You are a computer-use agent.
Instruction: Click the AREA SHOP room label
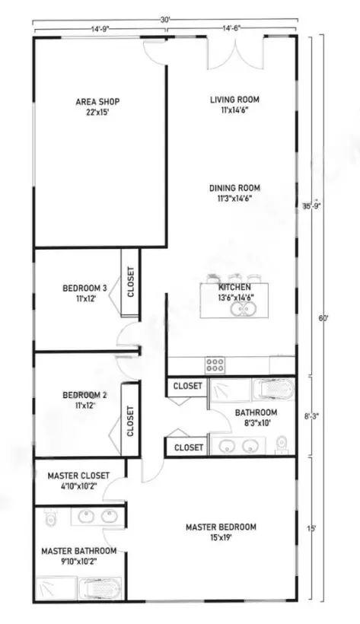click(x=97, y=107)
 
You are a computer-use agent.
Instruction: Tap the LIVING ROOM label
click(x=235, y=103)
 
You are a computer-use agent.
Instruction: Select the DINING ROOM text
click(x=235, y=193)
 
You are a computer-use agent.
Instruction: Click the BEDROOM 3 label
click(x=84, y=293)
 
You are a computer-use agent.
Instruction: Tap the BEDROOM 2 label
click(x=84, y=400)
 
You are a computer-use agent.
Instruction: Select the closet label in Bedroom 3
click(x=130, y=282)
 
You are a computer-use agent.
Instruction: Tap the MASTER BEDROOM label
click(x=221, y=531)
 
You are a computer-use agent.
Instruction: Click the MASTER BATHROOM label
click(x=79, y=556)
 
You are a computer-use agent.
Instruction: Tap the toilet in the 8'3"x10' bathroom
click(x=282, y=444)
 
